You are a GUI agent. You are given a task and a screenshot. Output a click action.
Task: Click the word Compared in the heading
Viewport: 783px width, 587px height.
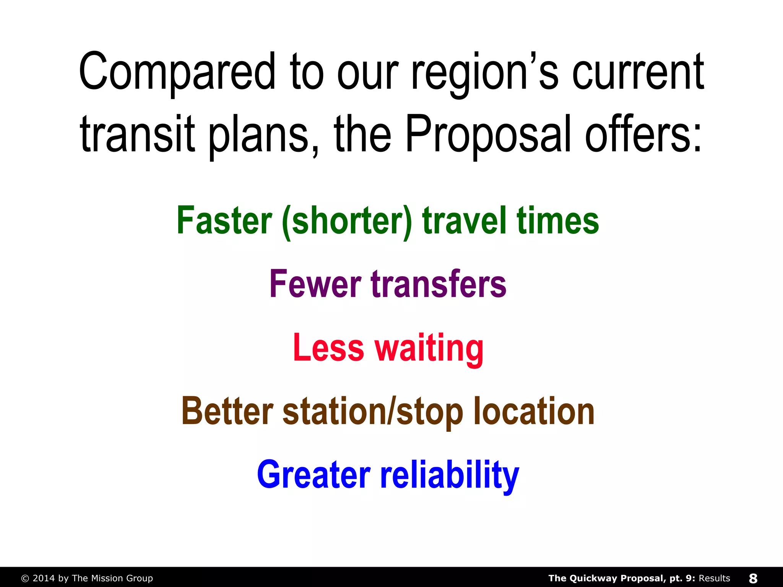pos(177,73)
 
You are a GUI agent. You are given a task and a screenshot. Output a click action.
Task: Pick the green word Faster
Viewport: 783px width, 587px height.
pos(224,221)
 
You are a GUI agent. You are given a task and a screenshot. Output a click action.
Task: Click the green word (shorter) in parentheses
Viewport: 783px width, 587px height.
pos(348,222)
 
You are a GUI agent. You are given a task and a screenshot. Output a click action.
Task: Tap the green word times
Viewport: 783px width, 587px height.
pos(558,221)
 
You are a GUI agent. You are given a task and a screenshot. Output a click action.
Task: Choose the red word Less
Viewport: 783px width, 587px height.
pos(328,347)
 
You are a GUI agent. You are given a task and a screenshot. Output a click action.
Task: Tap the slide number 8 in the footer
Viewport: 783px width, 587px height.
pos(753,578)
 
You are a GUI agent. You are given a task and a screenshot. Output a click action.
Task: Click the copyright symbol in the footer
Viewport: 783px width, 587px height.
pos(25,578)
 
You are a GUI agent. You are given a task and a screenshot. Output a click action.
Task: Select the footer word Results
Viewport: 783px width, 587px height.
pos(714,578)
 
